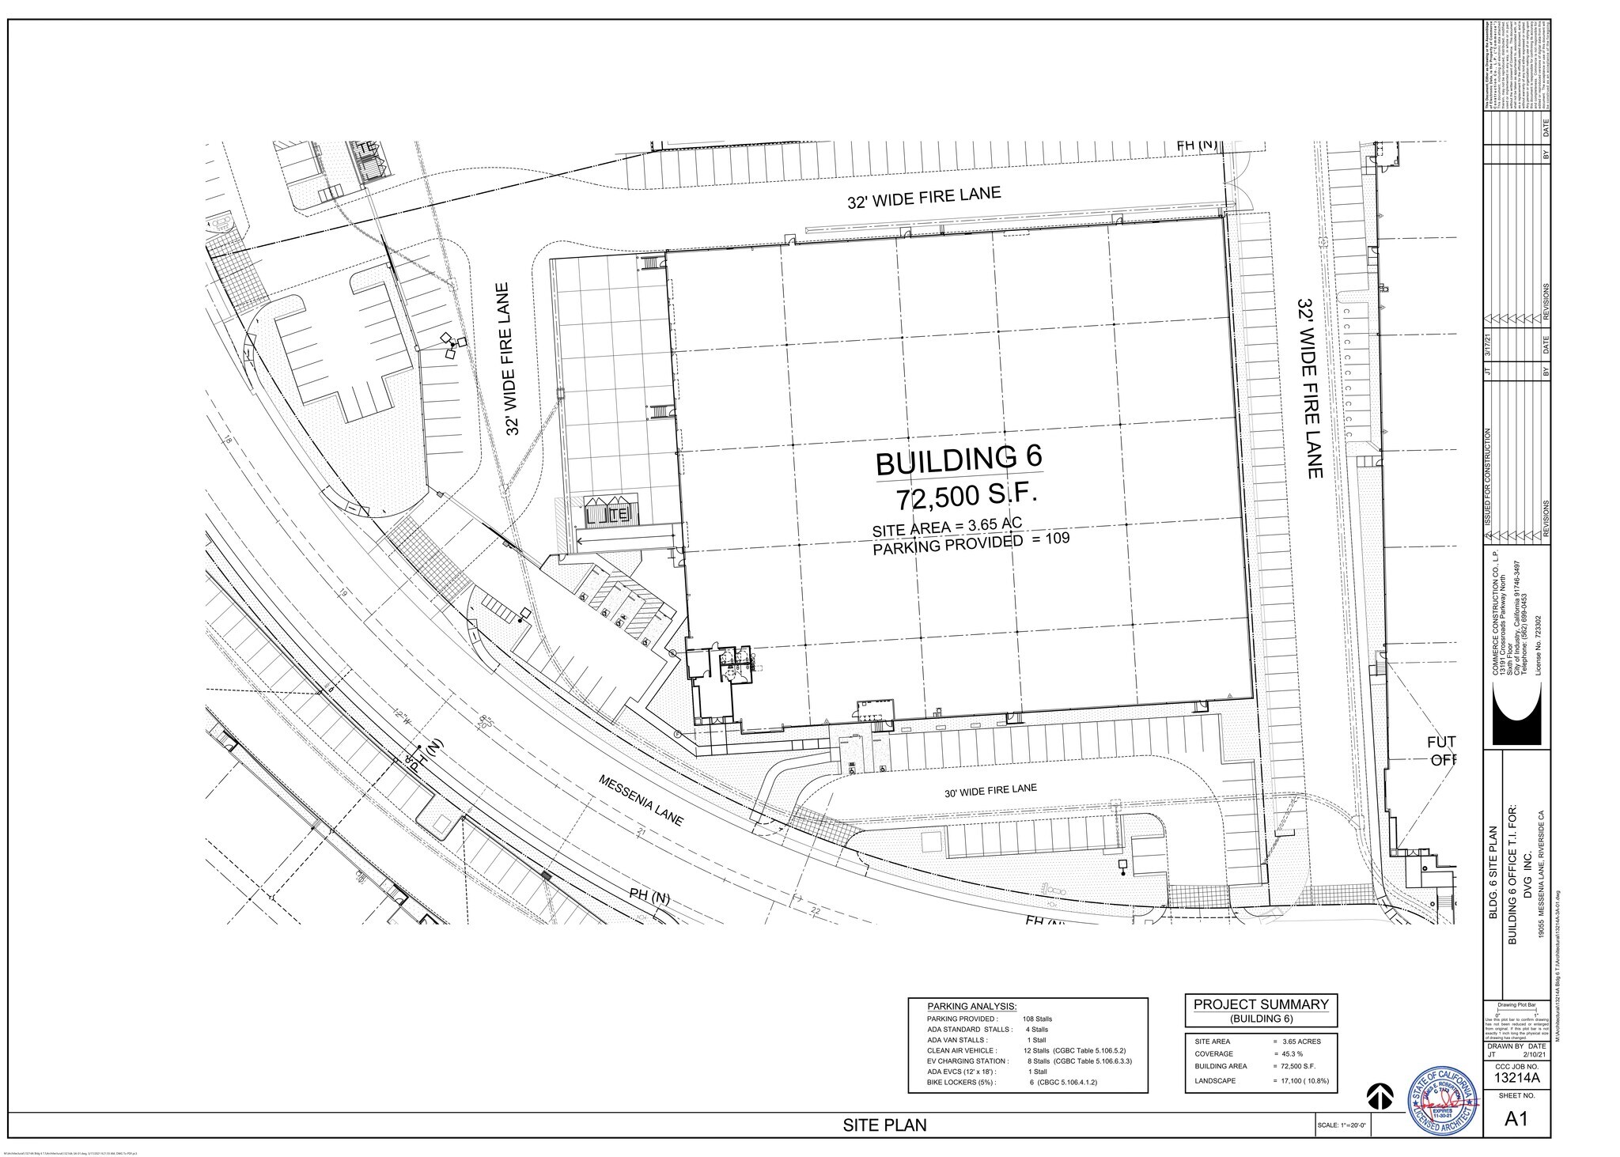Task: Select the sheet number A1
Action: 1515,1119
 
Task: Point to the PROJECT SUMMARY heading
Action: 1261,1004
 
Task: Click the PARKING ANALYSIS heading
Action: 971,1005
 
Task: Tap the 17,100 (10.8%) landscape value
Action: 1300,1079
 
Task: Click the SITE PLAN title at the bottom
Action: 884,1125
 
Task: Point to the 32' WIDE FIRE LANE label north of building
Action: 924,198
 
